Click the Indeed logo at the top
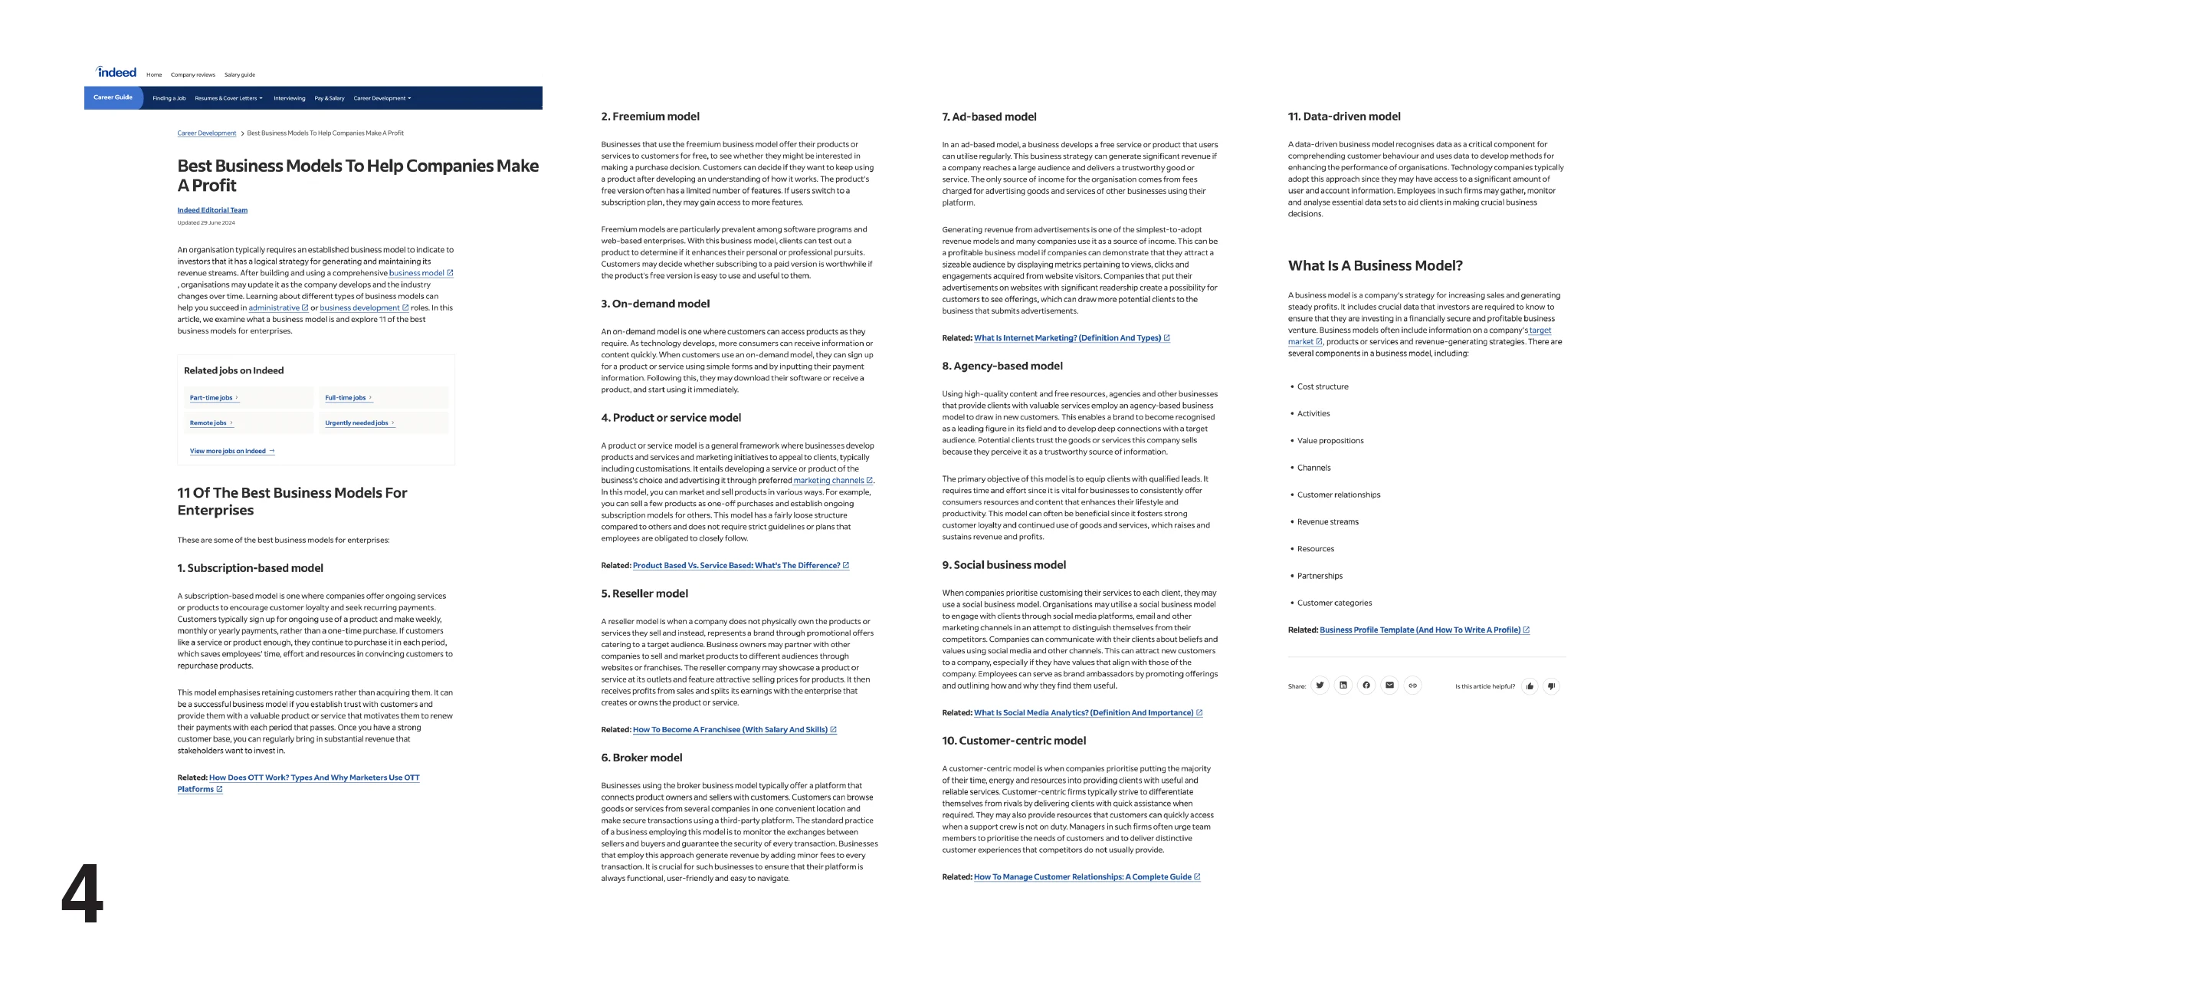[x=116, y=73]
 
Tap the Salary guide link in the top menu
[x=239, y=75]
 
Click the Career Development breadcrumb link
[x=206, y=133]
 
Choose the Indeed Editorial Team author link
[x=212, y=210]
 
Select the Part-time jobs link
[x=211, y=398]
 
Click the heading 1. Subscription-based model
[x=250, y=568]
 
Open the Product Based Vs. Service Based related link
[x=736, y=566]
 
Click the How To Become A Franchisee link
[x=730, y=730]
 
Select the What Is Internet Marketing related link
[x=1067, y=338]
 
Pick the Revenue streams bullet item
[x=1327, y=522]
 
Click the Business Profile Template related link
[x=1420, y=630]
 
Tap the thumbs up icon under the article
[x=1530, y=685]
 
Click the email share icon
[x=1389, y=685]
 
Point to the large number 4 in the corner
[x=82, y=893]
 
